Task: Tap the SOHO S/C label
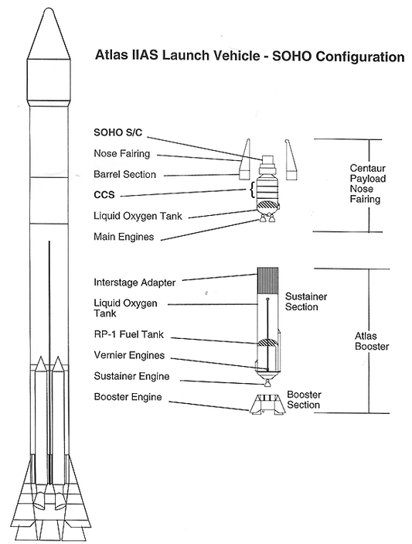click(117, 132)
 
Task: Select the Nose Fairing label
click(121, 154)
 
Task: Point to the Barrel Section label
click(124, 174)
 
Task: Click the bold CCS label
click(104, 195)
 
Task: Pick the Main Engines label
click(124, 237)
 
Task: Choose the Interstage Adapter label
click(134, 282)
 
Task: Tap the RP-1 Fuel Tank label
click(128, 334)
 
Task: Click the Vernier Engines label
click(129, 355)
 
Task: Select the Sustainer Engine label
click(131, 376)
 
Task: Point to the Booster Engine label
click(128, 397)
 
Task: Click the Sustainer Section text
click(306, 302)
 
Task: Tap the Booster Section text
click(304, 399)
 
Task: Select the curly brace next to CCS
click(251, 190)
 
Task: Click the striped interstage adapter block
click(267, 282)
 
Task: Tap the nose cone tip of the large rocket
click(49, 9)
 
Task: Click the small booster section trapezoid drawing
click(266, 404)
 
